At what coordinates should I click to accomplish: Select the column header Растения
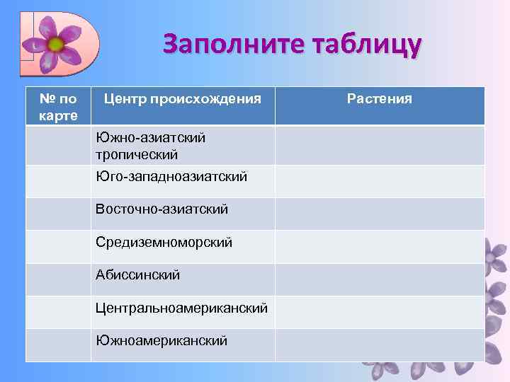pyautogui.click(x=380, y=99)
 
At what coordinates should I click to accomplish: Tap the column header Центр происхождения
pyautogui.click(x=183, y=99)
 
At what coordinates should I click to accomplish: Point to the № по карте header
pyautogui.click(x=59, y=106)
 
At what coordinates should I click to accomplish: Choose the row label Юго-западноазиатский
pyautogui.click(x=171, y=176)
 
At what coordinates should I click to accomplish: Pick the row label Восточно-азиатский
pyautogui.click(x=162, y=209)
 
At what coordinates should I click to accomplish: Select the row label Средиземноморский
pyautogui.click(x=164, y=243)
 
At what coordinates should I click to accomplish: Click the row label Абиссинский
pyautogui.click(x=138, y=275)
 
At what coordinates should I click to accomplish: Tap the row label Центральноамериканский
pyautogui.click(x=182, y=308)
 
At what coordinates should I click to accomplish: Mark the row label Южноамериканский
pyautogui.click(x=162, y=341)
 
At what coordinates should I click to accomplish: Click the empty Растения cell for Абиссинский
pyautogui.click(x=380, y=279)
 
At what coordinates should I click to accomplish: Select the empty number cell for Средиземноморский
pyautogui.click(x=59, y=247)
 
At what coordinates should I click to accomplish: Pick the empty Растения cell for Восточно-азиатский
pyautogui.click(x=380, y=214)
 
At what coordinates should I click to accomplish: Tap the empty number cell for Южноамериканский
pyautogui.click(x=59, y=345)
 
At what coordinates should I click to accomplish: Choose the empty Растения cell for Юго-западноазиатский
pyautogui.click(x=380, y=181)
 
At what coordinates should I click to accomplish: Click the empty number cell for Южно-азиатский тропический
pyautogui.click(x=59, y=146)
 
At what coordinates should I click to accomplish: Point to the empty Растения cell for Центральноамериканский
pyautogui.click(x=380, y=312)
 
